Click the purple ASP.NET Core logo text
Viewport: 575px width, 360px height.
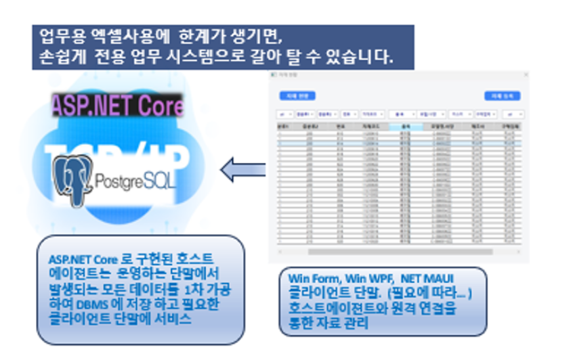coord(117,106)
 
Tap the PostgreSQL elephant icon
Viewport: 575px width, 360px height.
coord(72,179)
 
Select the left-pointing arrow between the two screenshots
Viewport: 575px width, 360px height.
coord(243,169)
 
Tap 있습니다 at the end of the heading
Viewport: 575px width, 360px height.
coord(360,57)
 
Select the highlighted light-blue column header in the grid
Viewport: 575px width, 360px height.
coord(406,126)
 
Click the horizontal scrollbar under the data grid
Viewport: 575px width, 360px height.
coord(400,251)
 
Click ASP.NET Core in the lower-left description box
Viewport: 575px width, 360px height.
coord(75,258)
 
